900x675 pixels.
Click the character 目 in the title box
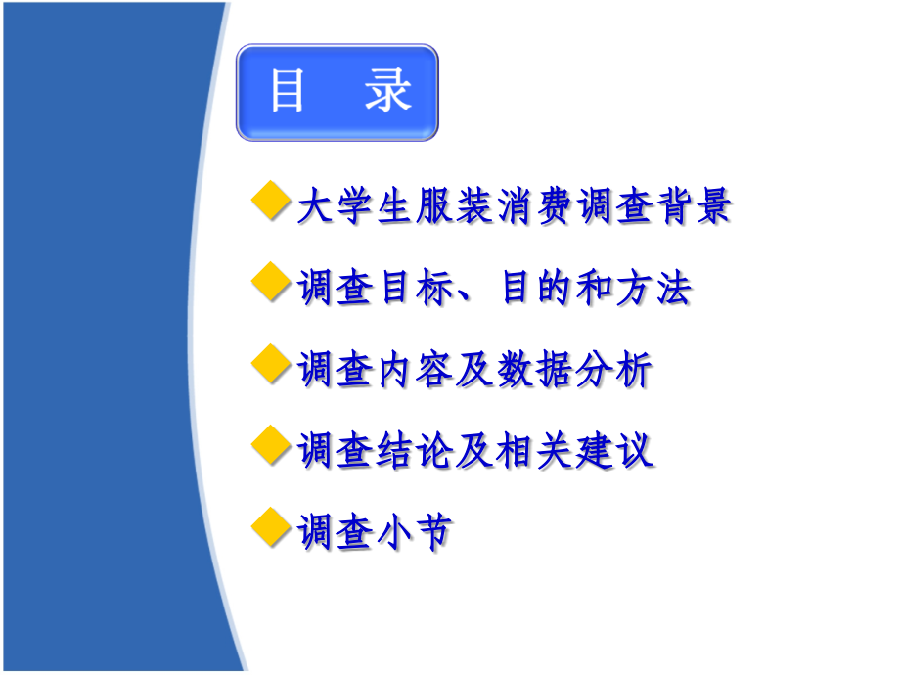click(287, 92)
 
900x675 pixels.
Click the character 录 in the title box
click(387, 92)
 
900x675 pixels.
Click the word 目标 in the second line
click(411, 289)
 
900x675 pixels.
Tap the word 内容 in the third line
click(411, 371)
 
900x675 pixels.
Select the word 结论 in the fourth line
click(411, 452)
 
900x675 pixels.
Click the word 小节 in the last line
click(411, 533)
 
